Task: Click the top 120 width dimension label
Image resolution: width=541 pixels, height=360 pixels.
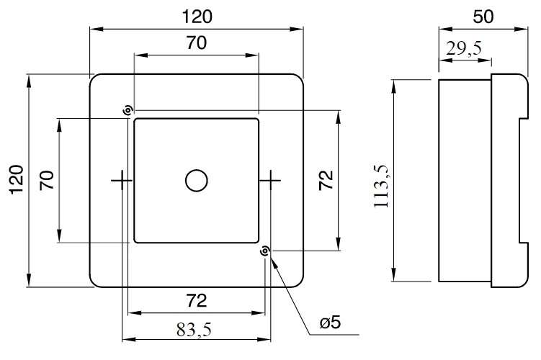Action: [x=197, y=17]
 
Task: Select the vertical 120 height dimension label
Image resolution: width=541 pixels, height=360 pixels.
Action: [x=17, y=180]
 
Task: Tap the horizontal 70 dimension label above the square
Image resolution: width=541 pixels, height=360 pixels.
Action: [x=197, y=42]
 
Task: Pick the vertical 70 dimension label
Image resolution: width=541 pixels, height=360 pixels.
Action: [x=47, y=180]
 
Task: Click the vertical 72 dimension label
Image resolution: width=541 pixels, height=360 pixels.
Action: [x=326, y=180]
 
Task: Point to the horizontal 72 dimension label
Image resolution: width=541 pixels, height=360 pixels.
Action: [x=197, y=301]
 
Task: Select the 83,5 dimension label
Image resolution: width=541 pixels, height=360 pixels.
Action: [x=194, y=330]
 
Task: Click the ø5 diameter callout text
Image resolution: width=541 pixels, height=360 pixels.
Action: [x=330, y=323]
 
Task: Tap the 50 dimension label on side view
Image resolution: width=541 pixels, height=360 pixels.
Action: [x=483, y=17]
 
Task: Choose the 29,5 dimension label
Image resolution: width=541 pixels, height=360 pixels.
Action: [x=464, y=48]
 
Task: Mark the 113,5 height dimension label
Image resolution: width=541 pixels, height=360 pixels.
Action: [x=381, y=186]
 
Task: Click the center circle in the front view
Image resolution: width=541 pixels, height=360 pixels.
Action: [x=197, y=180]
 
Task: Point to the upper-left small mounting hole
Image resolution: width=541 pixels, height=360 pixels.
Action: [x=128, y=111]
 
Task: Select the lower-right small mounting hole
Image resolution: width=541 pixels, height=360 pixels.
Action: [x=264, y=251]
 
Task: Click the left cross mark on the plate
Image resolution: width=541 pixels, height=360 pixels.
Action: [x=122, y=180]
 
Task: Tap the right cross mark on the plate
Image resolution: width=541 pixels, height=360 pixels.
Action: [x=271, y=180]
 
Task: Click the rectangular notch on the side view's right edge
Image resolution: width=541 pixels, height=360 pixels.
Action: [x=524, y=181]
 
